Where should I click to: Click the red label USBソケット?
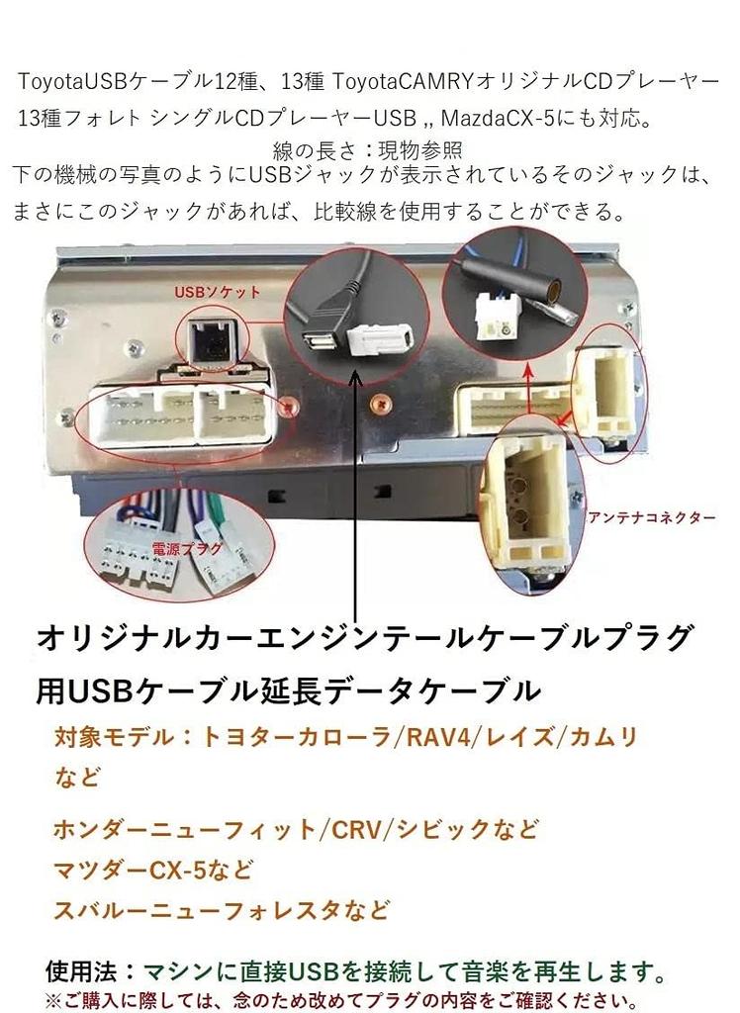[x=218, y=292]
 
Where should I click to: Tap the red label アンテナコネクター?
[x=652, y=517]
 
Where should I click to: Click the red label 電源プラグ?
[x=187, y=549]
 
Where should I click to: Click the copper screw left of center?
[x=289, y=407]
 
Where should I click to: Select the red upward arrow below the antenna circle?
[x=528, y=389]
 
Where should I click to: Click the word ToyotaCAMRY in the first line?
[x=404, y=82]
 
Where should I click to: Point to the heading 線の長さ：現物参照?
[x=368, y=150]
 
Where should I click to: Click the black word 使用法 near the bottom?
[x=81, y=971]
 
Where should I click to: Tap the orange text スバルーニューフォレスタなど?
[x=221, y=910]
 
